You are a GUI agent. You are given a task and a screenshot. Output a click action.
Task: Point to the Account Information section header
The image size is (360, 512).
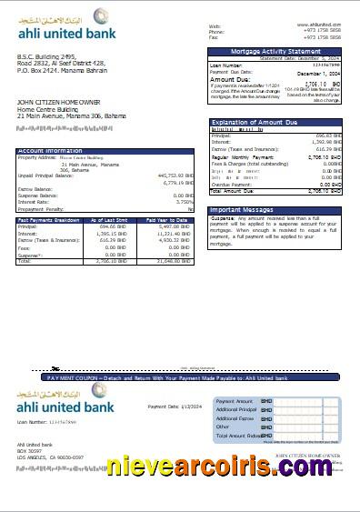(105, 150)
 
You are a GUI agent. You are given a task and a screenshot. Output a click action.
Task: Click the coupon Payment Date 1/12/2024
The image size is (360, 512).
(174, 407)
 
